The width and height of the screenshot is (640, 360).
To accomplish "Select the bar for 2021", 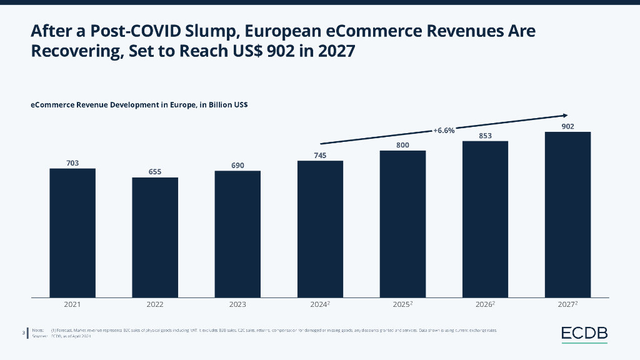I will click(72, 232).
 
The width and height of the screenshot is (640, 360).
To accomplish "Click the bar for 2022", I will click(155, 237).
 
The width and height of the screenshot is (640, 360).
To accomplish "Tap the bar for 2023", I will click(237, 234).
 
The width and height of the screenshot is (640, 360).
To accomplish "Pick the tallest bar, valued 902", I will click(567, 214).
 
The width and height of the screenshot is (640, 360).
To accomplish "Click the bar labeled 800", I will click(402, 224).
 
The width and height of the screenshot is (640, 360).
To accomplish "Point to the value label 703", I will click(72, 162).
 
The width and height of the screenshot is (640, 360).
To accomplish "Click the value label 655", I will click(155, 171).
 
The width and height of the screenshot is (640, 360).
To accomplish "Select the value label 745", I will click(320, 155).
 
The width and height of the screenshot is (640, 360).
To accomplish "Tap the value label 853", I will click(485, 135).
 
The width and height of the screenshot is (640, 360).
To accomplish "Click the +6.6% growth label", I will click(444, 131).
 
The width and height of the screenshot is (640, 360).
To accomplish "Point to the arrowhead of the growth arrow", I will click(565, 115).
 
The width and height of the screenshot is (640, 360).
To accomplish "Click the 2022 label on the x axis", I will click(155, 305).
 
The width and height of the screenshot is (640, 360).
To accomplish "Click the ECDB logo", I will click(584, 334).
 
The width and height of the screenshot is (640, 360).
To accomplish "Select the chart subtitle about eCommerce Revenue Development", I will click(139, 105).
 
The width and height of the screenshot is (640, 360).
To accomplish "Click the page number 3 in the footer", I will click(23, 332).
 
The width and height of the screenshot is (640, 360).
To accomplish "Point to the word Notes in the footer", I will click(37, 329).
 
